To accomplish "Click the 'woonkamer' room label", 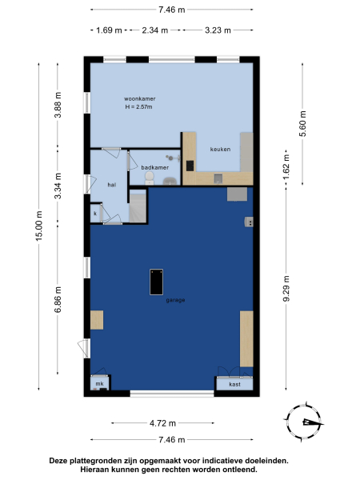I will pyautogui.click(x=140, y=99).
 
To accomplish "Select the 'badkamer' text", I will pyautogui.click(x=154, y=168).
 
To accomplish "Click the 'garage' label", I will pyautogui.click(x=176, y=300).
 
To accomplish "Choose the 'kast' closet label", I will pyautogui.click(x=234, y=384).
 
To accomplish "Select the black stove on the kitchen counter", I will pyautogui.click(x=190, y=166).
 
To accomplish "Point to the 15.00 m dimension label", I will pyautogui.click(x=38, y=224).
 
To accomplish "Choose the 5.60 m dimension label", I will pyautogui.click(x=302, y=123).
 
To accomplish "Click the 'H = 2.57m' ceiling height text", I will pyautogui.click(x=140, y=107).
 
